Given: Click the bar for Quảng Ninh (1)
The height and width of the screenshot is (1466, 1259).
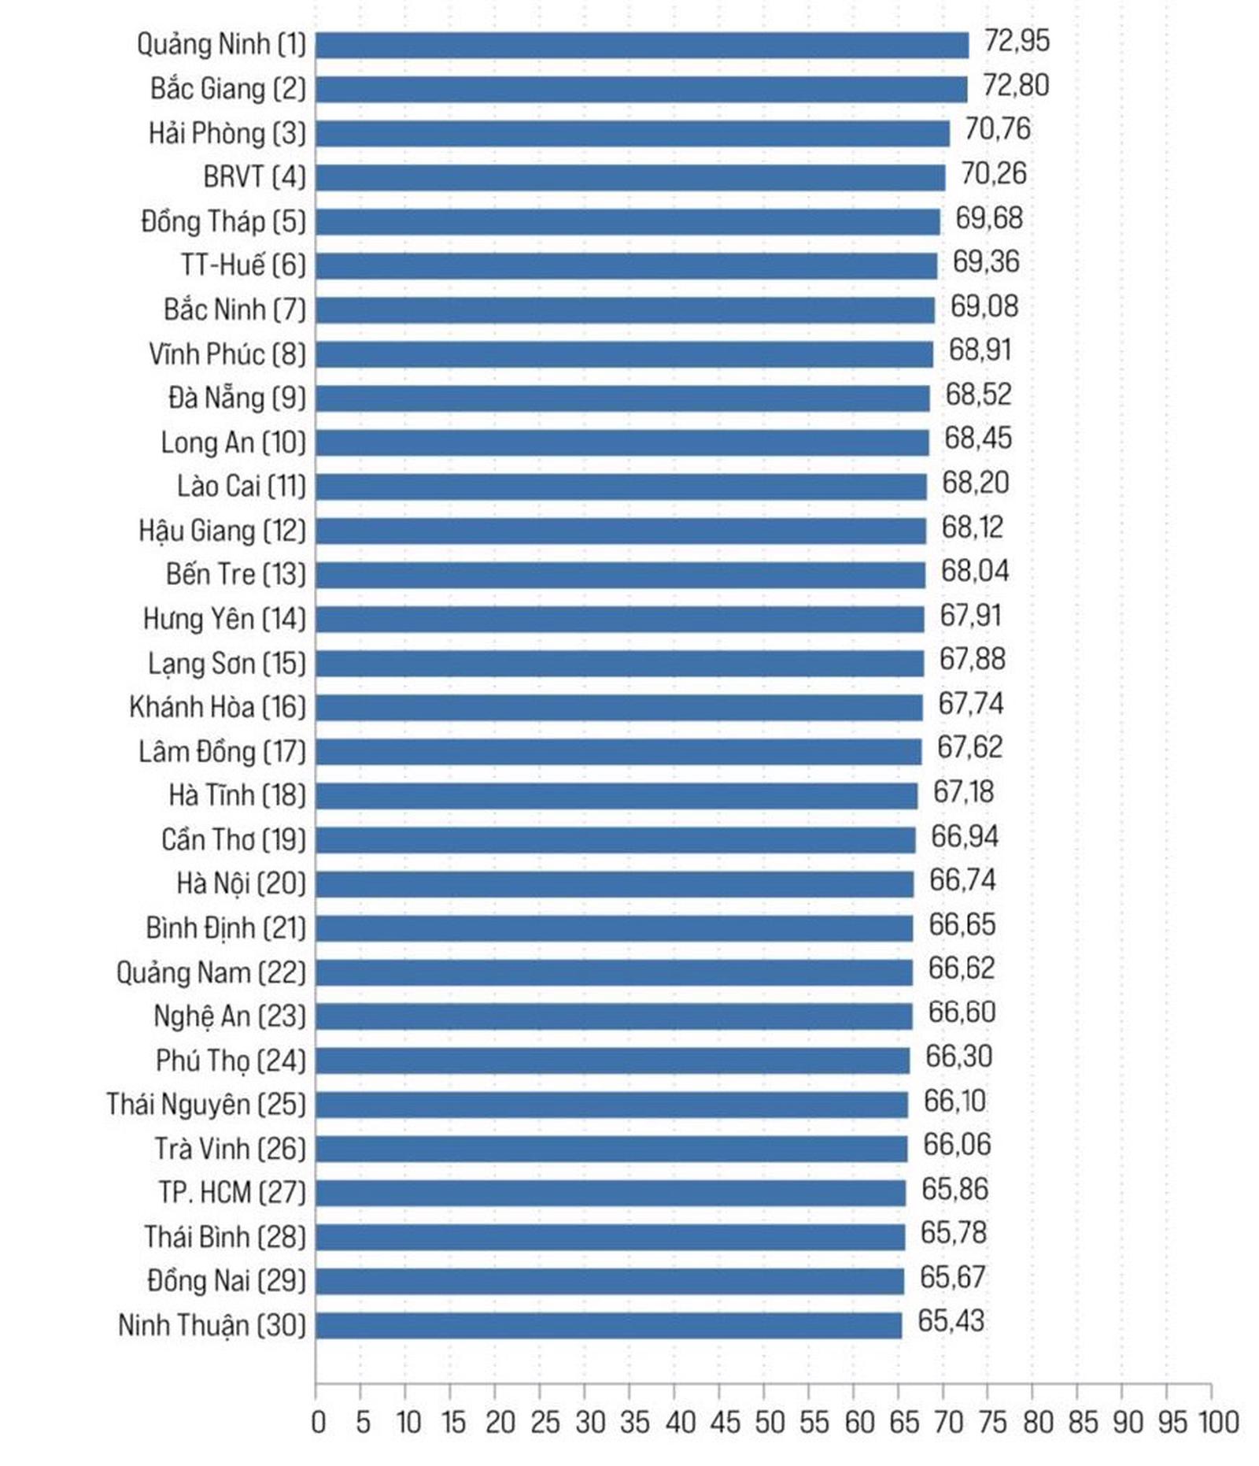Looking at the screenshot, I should coord(641,45).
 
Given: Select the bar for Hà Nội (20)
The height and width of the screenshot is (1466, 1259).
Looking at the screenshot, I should coord(615,883).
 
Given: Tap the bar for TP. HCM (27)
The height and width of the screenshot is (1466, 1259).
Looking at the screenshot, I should coord(611,1193).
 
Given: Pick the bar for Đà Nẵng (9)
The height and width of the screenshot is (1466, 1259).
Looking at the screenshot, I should coord(622,398).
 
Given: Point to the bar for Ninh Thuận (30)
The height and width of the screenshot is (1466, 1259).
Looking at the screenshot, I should coord(608,1325).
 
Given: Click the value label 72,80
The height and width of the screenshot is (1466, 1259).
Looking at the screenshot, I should coord(1016,85).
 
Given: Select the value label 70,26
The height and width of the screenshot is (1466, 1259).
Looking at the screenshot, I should coord(994,173).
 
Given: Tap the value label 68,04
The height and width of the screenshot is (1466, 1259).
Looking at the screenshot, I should coord(975,571).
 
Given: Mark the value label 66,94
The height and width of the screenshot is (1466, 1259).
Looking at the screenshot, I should coord(965,836).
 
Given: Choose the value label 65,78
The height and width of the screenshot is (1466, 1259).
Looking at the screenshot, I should coord(953,1233).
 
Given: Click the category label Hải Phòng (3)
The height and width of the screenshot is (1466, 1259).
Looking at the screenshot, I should coord(227,133).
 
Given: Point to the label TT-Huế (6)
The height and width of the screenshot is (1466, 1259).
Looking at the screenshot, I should coord(242,265).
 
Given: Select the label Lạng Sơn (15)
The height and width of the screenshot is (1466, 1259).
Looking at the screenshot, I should coord(227,664).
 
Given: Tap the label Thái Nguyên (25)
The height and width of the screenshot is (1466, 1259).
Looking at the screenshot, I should coord(205,1105).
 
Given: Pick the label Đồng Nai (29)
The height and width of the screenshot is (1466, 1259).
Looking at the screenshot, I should coord(226,1281).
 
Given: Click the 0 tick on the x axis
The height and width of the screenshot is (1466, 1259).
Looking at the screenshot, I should coord(317,1423).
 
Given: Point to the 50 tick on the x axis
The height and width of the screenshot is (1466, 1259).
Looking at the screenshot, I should coord(770,1423).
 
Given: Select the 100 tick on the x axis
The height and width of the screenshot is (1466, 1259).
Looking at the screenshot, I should coord(1218,1423).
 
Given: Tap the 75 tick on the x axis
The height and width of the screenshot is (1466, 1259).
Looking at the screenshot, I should coord(993,1423).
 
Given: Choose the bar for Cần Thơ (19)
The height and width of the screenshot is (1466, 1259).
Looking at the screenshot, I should coord(615,839).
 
